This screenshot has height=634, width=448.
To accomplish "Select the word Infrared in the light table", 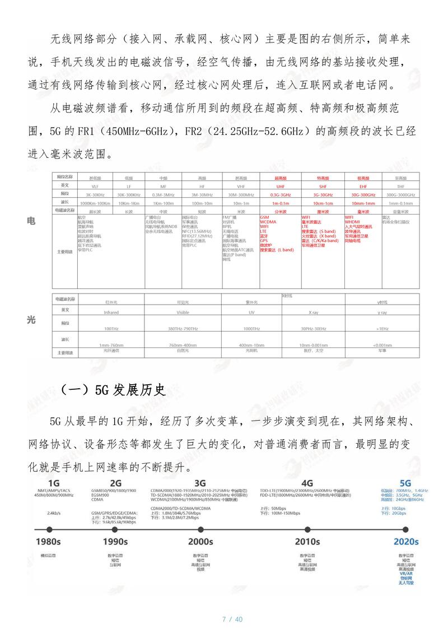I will tap(111, 313).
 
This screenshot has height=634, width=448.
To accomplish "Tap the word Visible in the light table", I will tap(183, 313).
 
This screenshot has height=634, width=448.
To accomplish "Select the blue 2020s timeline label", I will tap(405, 542).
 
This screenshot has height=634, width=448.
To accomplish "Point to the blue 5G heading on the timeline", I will tap(405, 483).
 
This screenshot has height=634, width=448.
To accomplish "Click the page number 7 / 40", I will tap(232, 619).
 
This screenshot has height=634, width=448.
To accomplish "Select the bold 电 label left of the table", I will tap(32, 222).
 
